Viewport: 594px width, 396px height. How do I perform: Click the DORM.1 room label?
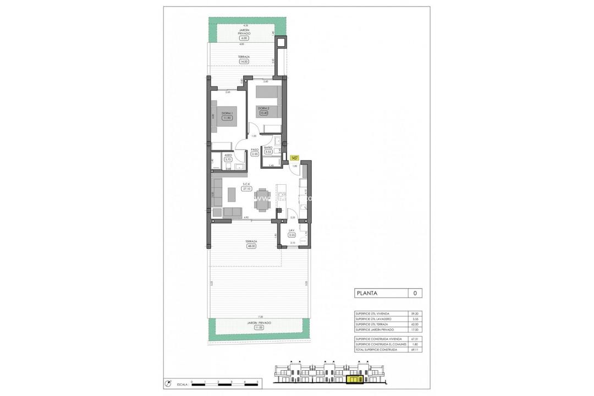[x=227, y=113]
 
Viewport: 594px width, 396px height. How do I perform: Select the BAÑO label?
[x=268, y=148]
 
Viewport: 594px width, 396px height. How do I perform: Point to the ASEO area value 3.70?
[x=228, y=159]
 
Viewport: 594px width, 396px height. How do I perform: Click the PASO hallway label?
[x=255, y=149]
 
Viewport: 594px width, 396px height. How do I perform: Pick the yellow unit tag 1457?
[x=294, y=157]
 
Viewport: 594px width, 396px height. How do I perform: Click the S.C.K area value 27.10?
[x=246, y=189]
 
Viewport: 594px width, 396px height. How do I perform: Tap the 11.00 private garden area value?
[x=259, y=327]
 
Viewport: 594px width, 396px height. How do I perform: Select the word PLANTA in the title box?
[x=367, y=293]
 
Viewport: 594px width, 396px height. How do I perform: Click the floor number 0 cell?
[x=415, y=293]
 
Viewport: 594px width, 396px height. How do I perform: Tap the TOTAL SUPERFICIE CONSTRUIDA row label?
[x=376, y=349]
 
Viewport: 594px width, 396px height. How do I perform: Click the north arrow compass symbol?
[x=168, y=383]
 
